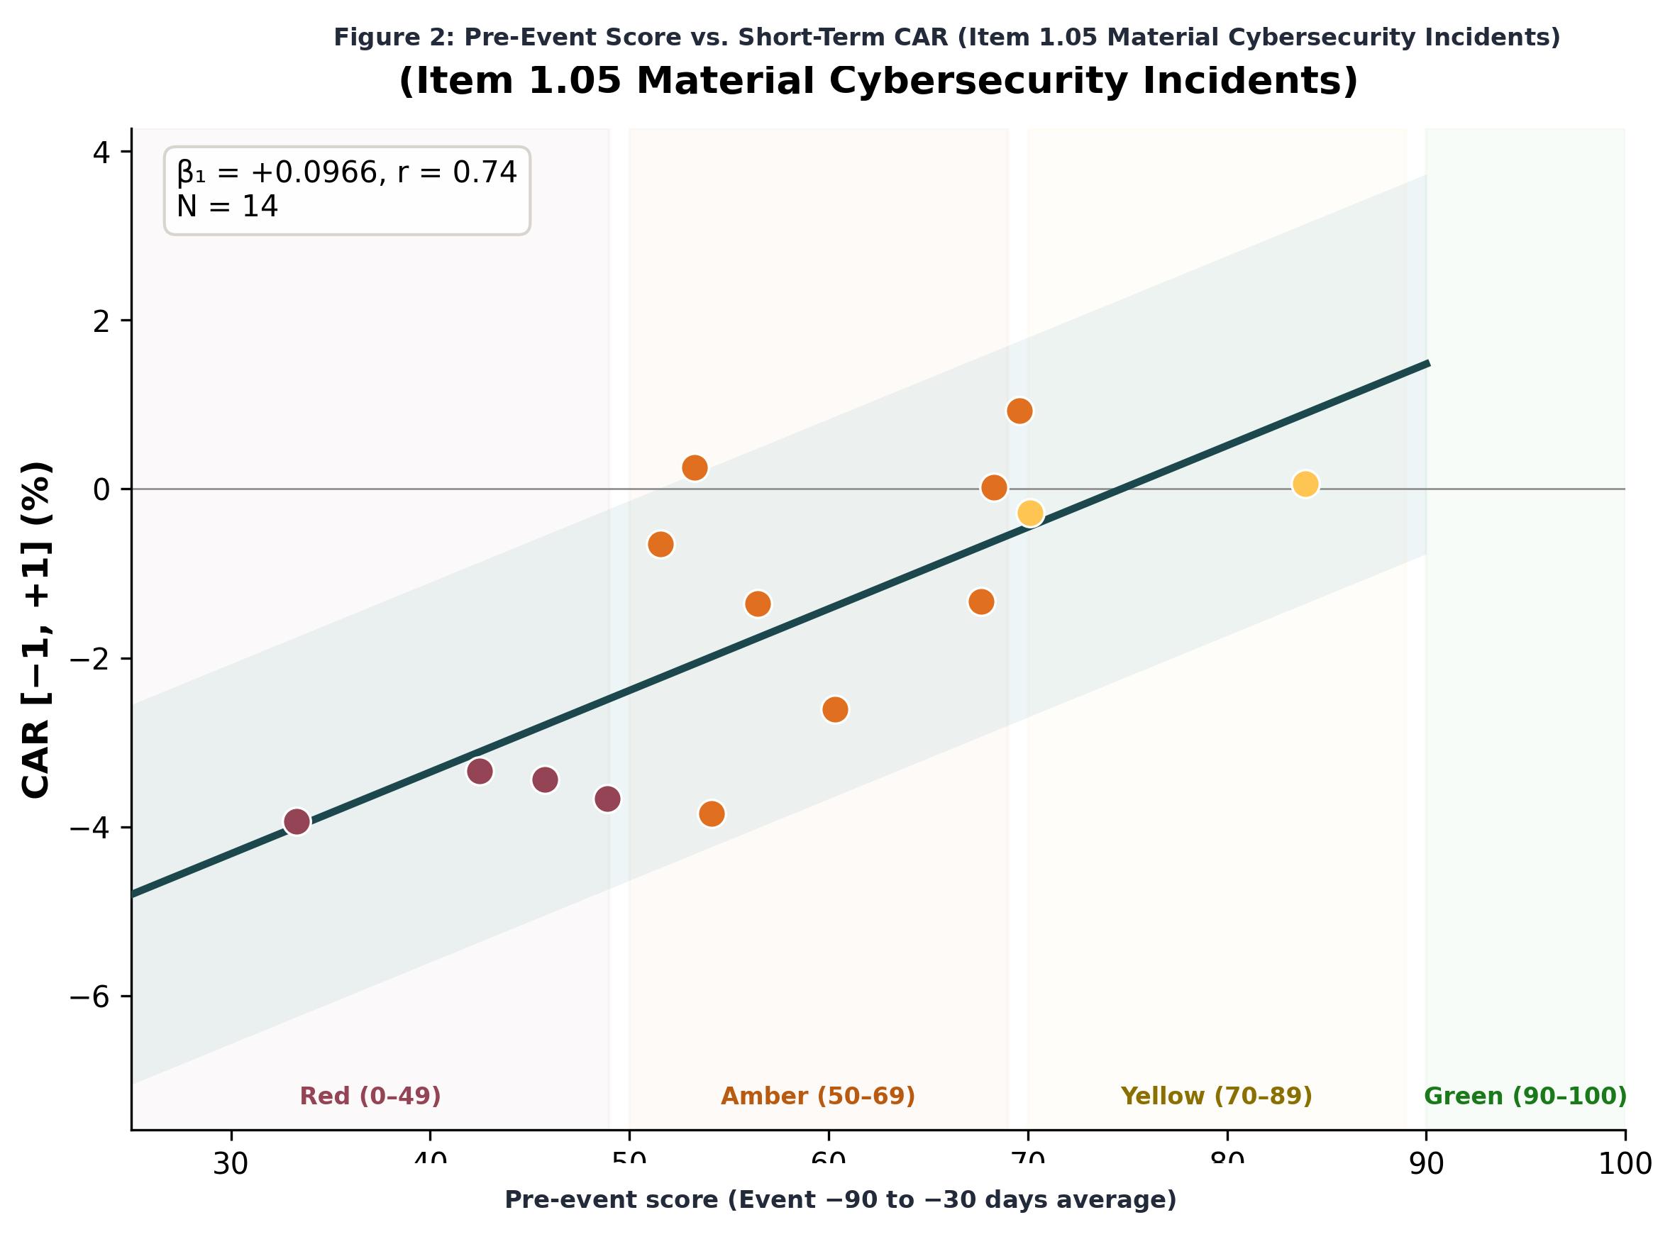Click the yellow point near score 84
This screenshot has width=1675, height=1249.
(x=1305, y=484)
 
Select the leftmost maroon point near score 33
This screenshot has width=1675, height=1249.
(x=297, y=821)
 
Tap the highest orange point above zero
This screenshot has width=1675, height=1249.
(x=1019, y=411)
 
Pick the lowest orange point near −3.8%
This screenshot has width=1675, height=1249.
(x=712, y=814)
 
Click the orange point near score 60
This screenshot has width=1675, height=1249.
(x=835, y=709)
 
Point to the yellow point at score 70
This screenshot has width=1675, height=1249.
(x=1030, y=514)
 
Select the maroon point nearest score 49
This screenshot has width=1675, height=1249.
(x=607, y=799)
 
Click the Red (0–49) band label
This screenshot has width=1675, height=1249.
(x=370, y=1096)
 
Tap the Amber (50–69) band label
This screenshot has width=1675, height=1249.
(x=817, y=1096)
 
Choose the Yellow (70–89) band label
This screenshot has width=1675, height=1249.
(x=1216, y=1096)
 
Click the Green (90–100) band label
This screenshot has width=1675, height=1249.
(x=1525, y=1096)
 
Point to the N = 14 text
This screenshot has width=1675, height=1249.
(x=227, y=206)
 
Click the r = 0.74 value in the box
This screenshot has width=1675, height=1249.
(x=457, y=172)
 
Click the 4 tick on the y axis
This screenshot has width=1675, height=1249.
(x=101, y=152)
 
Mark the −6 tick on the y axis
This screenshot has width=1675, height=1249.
(x=89, y=997)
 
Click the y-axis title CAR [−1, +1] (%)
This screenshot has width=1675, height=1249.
(x=36, y=629)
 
